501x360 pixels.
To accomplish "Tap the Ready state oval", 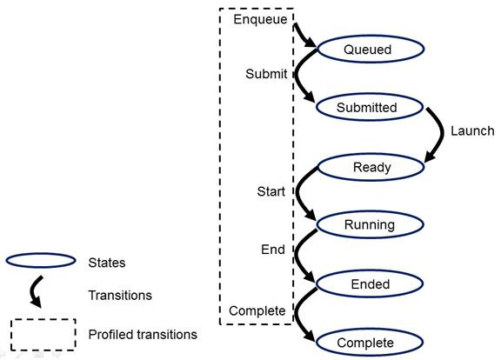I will click(371, 167).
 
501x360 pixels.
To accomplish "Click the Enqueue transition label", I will click(257, 17).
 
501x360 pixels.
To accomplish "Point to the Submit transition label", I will click(266, 74).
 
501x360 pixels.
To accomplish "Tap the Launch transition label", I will click(471, 131).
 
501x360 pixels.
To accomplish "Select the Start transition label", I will click(271, 191).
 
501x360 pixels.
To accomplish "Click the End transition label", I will click(272, 250).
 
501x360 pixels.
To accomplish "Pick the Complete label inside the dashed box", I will click(257, 310).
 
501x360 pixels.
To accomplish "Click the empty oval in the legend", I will click(40, 260).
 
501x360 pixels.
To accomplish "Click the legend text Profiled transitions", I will click(143, 334).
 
